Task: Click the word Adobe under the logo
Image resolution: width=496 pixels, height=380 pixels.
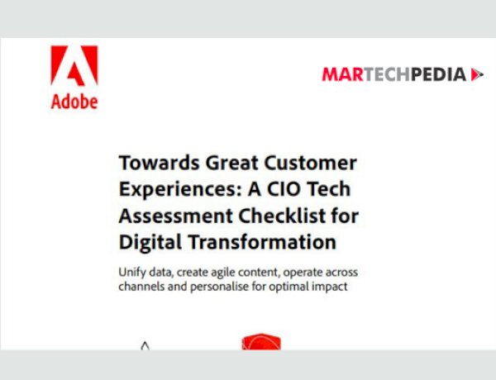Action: pos(74,102)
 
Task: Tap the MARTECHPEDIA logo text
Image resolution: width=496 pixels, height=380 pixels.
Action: pos(393,75)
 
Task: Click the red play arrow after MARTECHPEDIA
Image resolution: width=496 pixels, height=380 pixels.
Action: pos(477,75)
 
